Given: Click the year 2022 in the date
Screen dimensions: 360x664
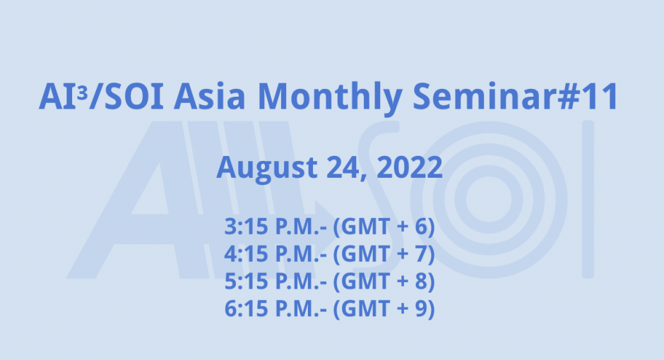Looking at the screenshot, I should (410, 167).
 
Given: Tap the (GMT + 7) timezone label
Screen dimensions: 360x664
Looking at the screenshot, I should (384, 255).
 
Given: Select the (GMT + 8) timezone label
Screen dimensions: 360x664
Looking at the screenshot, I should (384, 282).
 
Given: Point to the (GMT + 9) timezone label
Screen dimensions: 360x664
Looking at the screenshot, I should (384, 308).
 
